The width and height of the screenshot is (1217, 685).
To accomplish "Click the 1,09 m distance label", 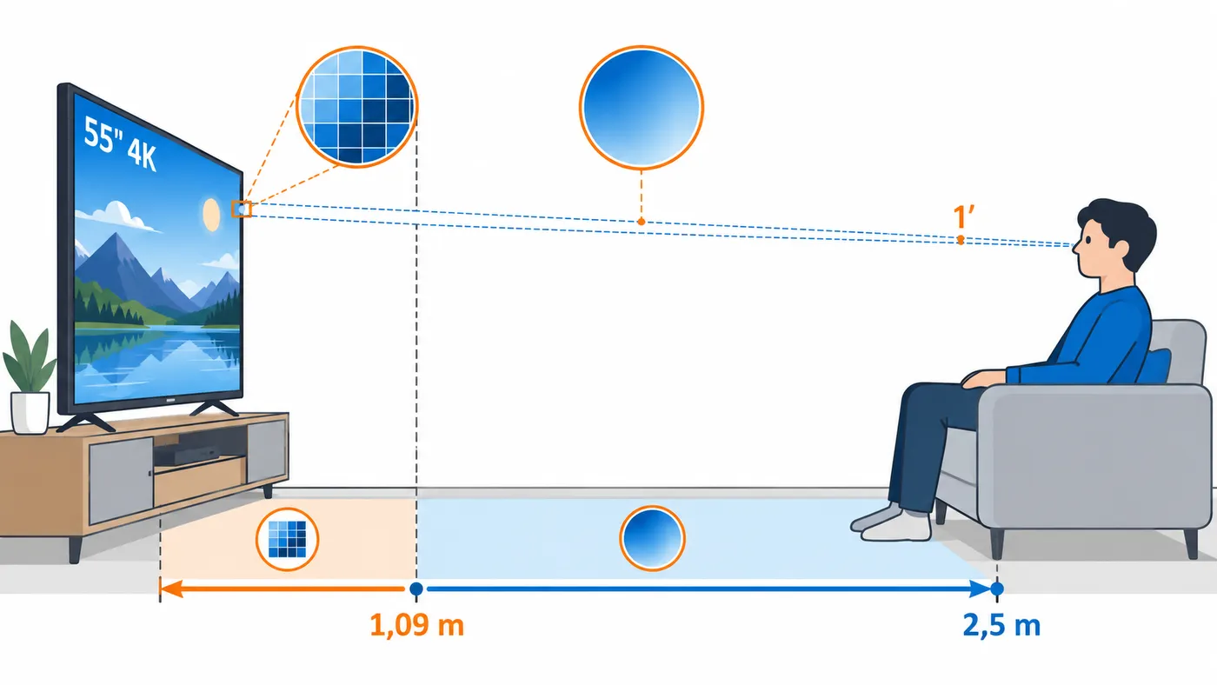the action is point(416,625).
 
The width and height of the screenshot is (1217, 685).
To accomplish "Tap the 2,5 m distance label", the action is point(1001,625).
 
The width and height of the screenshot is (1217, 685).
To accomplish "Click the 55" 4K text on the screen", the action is point(120,143).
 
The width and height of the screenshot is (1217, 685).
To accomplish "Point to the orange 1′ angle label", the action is point(963,216).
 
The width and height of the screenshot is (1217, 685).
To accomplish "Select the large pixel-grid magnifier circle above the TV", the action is point(357,107).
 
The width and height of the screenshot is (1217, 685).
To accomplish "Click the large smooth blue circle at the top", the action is point(642,107).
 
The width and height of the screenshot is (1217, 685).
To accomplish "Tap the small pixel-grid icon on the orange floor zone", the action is point(288,539).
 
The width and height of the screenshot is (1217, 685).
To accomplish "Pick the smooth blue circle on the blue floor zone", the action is point(652,538).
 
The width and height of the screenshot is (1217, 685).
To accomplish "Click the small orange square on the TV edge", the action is point(242,209).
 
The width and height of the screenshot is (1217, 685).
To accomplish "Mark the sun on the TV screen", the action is point(210,214).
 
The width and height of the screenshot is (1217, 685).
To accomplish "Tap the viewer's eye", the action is point(1088,240).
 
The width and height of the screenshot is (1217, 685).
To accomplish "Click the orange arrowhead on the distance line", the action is point(170,589).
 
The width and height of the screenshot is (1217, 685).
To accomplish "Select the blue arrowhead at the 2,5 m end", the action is point(981,589).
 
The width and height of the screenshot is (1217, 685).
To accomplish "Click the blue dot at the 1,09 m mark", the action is point(416,589).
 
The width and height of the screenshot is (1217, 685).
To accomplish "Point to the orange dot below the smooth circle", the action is point(642,222).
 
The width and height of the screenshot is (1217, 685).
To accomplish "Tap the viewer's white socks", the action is point(891,522).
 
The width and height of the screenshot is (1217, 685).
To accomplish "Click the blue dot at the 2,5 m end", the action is point(997,589).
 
